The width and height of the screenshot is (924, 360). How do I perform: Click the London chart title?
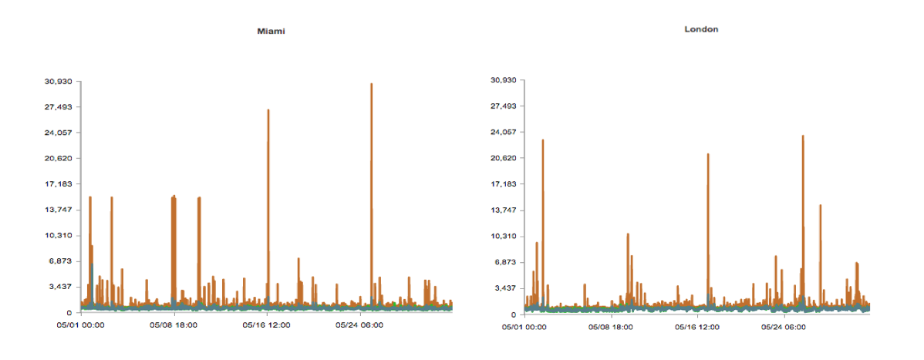coord(701,29)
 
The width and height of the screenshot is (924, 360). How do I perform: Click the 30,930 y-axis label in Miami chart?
coord(58,81)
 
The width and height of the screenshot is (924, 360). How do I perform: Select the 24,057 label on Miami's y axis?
coord(58,133)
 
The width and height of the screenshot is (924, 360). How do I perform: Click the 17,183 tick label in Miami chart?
coord(58,183)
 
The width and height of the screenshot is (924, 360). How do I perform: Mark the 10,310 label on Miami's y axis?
coord(58,235)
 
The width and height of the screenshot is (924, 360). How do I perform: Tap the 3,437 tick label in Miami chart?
coord(61,287)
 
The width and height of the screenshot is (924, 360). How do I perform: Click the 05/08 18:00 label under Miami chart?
coord(174,325)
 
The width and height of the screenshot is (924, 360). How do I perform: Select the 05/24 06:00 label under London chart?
coord(784,327)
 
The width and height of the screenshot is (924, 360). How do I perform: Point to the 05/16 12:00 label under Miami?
coord(266,325)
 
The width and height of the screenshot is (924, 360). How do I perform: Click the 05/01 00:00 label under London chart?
coord(524,327)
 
